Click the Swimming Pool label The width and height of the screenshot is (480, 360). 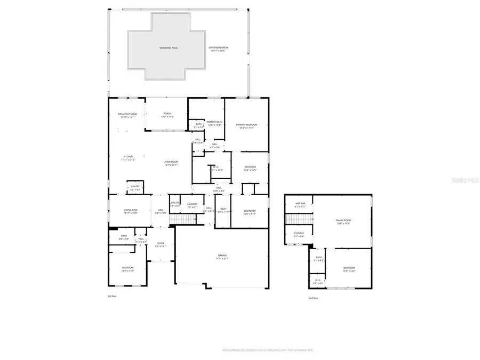168,48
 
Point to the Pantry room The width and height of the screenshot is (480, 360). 135,188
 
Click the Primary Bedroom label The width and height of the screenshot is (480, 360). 246,126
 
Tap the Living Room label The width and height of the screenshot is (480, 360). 171,163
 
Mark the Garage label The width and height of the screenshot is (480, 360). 222,257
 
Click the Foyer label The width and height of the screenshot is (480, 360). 161,245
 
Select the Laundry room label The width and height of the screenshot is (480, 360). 193,205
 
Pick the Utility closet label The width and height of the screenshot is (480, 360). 175,204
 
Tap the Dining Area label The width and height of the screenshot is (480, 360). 131,211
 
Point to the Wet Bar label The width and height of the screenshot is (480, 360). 299,204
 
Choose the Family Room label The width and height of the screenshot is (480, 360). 343,221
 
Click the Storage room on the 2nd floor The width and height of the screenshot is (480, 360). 299,235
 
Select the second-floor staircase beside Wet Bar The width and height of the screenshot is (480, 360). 299,219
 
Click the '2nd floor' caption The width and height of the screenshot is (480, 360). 314,298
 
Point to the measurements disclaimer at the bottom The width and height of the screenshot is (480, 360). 261,350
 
